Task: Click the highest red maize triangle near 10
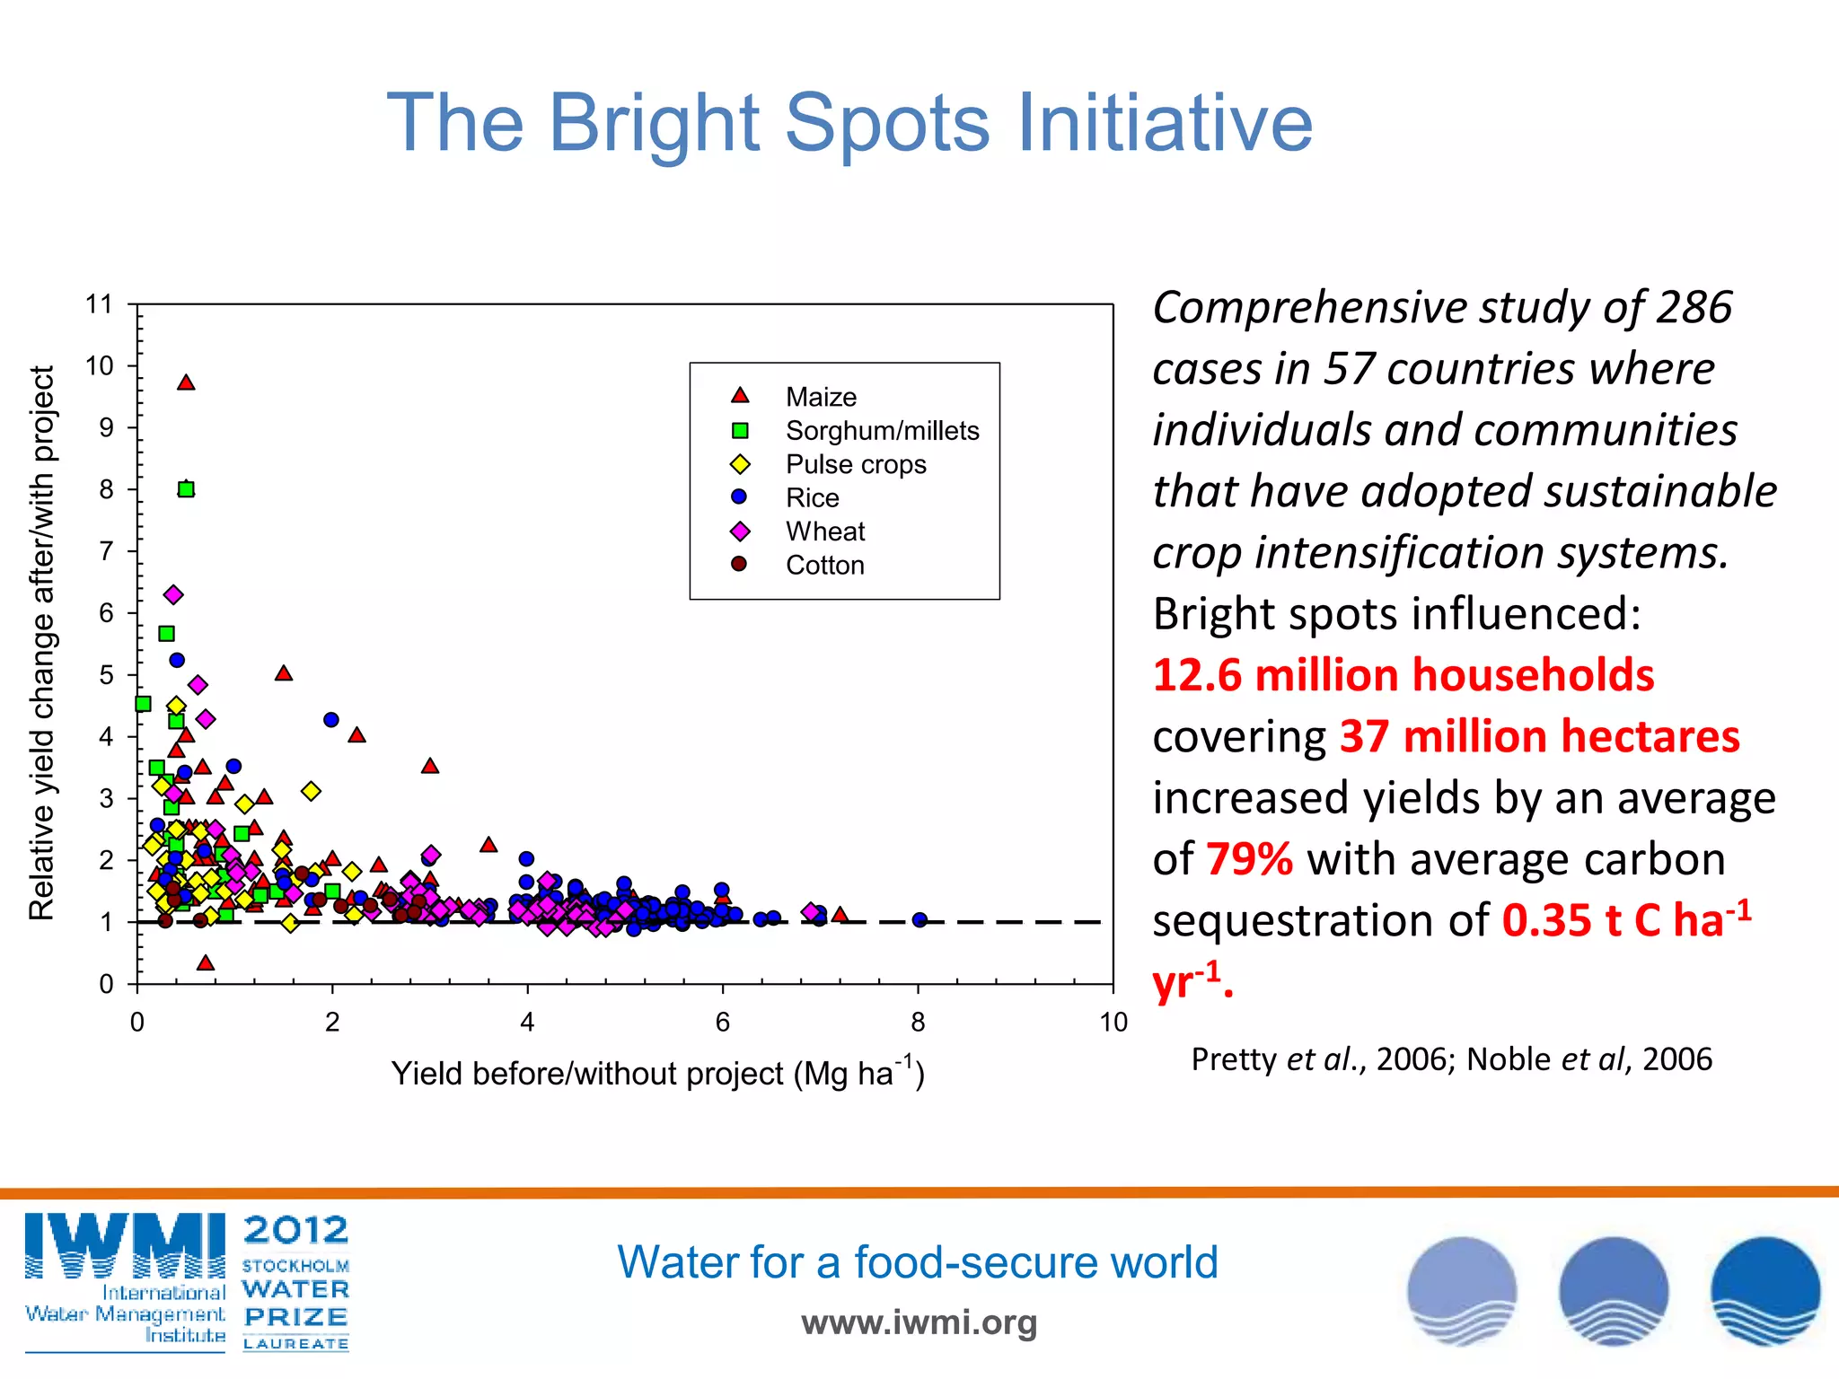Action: [x=186, y=383]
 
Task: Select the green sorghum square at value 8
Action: [x=186, y=489]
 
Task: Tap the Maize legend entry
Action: [x=820, y=397]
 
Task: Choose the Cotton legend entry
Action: [x=824, y=565]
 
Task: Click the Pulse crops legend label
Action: [x=855, y=464]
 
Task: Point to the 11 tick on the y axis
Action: [x=100, y=305]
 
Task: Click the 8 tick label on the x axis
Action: [x=918, y=1022]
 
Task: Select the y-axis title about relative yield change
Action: [x=42, y=643]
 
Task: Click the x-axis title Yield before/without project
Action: [x=657, y=1073]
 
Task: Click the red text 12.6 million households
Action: [x=1403, y=675]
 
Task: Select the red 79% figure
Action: [x=1249, y=859]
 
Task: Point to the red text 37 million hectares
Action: [x=1539, y=736]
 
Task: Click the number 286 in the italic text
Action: [x=1694, y=308]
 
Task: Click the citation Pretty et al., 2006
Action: [x=1320, y=1059]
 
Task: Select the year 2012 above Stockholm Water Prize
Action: [x=295, y=1230]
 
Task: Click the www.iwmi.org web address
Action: [x=919, y=1322]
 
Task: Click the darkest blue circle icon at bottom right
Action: [x=1764, y=1291]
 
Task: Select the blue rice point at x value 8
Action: [x=919, y=920]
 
